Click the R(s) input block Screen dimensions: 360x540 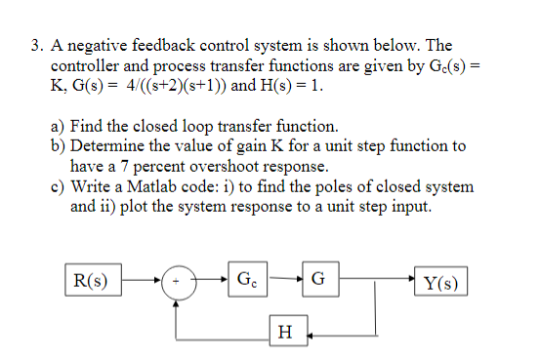pyautogui.click(x=90, y=282)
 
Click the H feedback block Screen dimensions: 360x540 pyautogui.click(x=284, y=333)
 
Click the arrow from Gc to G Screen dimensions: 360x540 pyautogui.click(x=286, y=282)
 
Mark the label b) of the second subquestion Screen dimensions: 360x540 pyautogui.click(x=58, y=146)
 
